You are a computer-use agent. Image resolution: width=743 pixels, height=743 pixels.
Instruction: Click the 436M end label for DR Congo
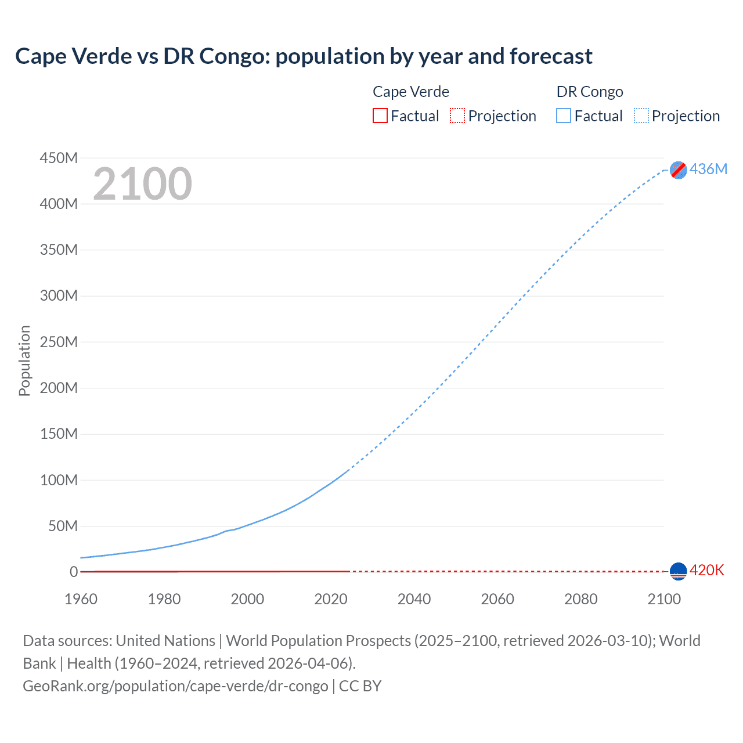coord(708,169)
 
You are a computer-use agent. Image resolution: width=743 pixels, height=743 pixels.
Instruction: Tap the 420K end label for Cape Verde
coord(706,570)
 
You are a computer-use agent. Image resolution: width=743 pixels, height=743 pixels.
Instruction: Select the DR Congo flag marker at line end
coord(678,169)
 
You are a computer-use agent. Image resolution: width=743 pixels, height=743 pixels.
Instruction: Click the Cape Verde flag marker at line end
coord(678,571)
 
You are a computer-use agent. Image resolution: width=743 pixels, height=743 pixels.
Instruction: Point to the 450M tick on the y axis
coord(59,158)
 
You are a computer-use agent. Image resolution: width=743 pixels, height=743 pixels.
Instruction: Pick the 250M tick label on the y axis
coord(59,342)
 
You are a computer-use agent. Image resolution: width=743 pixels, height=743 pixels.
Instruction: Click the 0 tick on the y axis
coord(74,572)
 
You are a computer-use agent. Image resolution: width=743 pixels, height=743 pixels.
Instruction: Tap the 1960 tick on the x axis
coord(81,599)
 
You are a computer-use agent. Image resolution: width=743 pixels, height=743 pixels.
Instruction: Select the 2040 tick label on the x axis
coord(414,599)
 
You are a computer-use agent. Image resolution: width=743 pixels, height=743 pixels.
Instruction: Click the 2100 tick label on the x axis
coord(663,599)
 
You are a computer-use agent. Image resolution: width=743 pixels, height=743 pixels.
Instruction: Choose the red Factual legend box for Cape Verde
coord(380,116)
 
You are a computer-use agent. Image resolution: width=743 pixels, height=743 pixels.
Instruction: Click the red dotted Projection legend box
coord(457,116)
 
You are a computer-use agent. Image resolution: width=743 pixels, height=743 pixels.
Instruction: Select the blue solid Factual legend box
coord(564,116)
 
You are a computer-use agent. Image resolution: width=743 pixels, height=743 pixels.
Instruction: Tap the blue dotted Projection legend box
coord(641,116)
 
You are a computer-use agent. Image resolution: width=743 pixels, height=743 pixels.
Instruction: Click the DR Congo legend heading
coord(590,92)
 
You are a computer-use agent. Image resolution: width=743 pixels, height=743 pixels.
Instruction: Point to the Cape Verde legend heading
coord(411,92)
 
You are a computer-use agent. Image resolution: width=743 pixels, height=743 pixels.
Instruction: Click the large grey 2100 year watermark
coord(142,184)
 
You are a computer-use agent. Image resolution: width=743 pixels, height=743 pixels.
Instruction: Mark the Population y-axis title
coord(24,360)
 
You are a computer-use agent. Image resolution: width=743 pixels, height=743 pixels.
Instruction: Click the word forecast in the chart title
coord(551,56)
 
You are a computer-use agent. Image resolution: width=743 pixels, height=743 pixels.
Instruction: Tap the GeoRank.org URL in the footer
coord(175,686)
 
